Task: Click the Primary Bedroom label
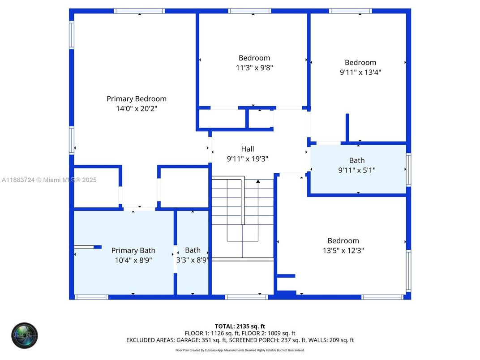click(136, 99)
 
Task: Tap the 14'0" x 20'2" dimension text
click(136, 108)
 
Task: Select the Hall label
click(247, 149)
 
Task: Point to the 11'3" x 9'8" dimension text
click(254, 68)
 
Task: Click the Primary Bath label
click(133, 250)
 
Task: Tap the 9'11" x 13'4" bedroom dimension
click(360, 72)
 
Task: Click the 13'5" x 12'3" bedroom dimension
click(343, 251)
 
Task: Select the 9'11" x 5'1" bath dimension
click(357, 170)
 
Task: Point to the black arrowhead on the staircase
click(258, 181)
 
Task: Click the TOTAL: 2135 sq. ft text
click(240, 326)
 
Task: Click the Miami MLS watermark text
click(49, 180)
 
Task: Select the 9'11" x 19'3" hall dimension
click(247, 159)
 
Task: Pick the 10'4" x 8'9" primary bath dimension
click(133, 260)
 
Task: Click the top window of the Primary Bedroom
click(139, 11)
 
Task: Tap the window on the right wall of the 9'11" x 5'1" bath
click(408, 170)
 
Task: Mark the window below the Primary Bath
click(91, 297)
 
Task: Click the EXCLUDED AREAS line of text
click(240, 340)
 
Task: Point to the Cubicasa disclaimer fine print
click(240, 350)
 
